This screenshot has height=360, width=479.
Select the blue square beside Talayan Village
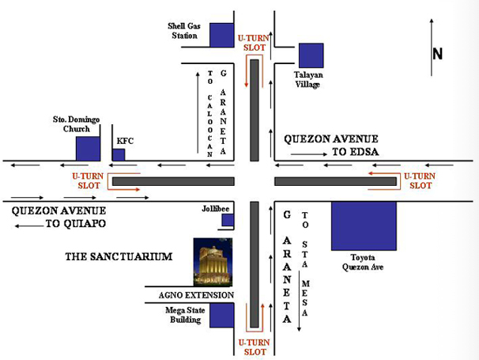(310, 55)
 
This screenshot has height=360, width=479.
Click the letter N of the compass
(437, 54)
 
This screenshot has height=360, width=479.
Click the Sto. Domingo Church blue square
(88, 149)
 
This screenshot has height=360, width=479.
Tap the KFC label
(124, 140)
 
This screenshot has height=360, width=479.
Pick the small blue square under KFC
(119, 154)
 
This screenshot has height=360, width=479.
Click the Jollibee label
(214, 209)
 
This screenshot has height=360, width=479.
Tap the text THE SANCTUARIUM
(119, 256)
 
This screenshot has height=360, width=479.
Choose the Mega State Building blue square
(222, 315)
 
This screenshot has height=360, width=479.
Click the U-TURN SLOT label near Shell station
(253, 43)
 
